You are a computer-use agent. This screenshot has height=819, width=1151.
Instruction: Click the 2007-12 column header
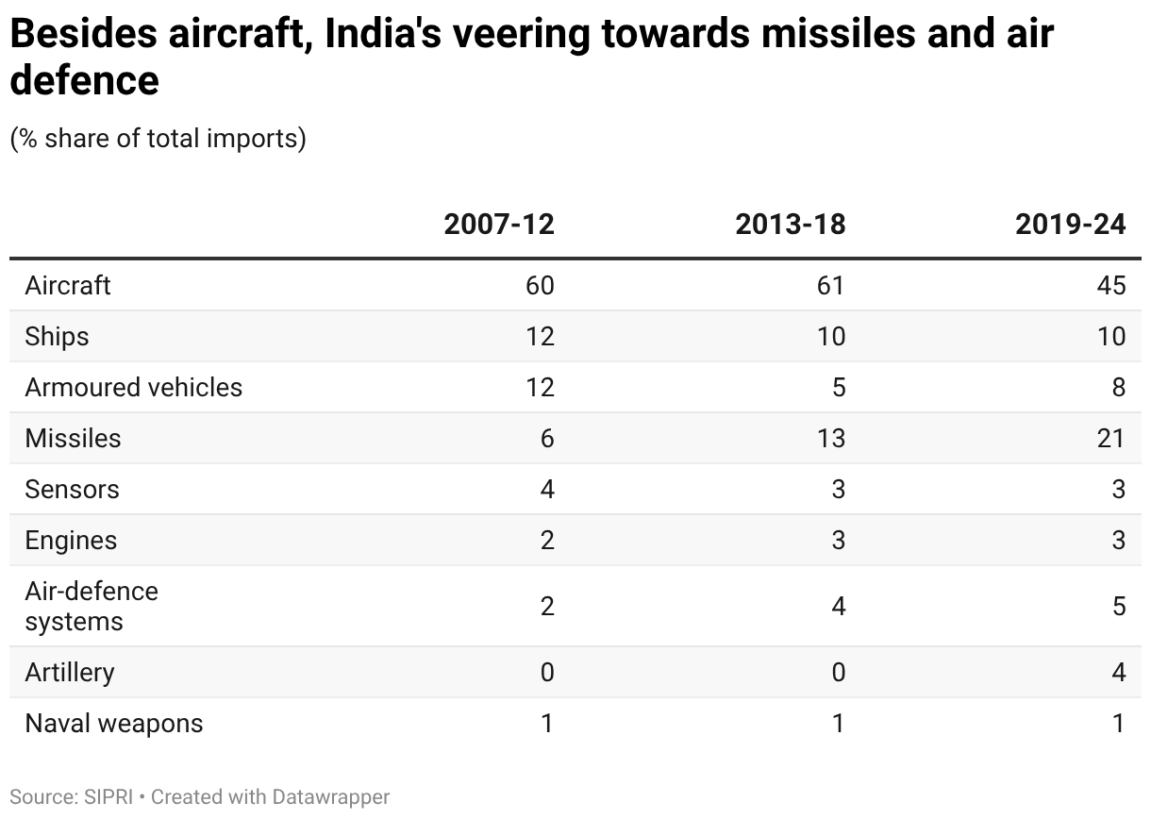[499, 225]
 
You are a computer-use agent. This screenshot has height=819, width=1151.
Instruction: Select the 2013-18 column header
[791, 225]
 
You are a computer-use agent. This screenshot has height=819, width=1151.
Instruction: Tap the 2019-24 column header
[1071, 225]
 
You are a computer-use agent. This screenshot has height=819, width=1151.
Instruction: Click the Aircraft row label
[68, 285]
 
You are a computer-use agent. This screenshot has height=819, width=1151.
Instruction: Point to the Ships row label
[57, 336]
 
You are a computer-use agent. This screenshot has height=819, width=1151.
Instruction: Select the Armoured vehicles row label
[133, 387]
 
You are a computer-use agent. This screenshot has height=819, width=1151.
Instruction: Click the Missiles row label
[73, 438]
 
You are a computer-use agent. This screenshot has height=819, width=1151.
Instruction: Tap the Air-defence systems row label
[92, 606]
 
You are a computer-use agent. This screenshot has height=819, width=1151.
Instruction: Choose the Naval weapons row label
[113, 724]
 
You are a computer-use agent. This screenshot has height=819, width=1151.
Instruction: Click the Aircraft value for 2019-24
[1111, 285]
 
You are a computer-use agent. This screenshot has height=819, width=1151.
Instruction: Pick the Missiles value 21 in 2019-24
[1111, 438]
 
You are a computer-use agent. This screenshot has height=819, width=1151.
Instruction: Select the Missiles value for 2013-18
[830, 438]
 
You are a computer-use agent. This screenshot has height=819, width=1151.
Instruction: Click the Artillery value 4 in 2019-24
[1118, 673]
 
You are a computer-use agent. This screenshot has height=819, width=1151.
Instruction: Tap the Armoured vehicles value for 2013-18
[838, 387]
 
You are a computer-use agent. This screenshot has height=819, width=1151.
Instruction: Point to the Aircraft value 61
[830, 285]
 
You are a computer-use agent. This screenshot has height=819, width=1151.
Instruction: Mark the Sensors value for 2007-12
[547, 489]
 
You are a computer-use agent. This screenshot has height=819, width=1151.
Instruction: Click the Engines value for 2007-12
[547, 540]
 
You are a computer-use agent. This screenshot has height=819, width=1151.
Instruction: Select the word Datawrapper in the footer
[330, 797]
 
